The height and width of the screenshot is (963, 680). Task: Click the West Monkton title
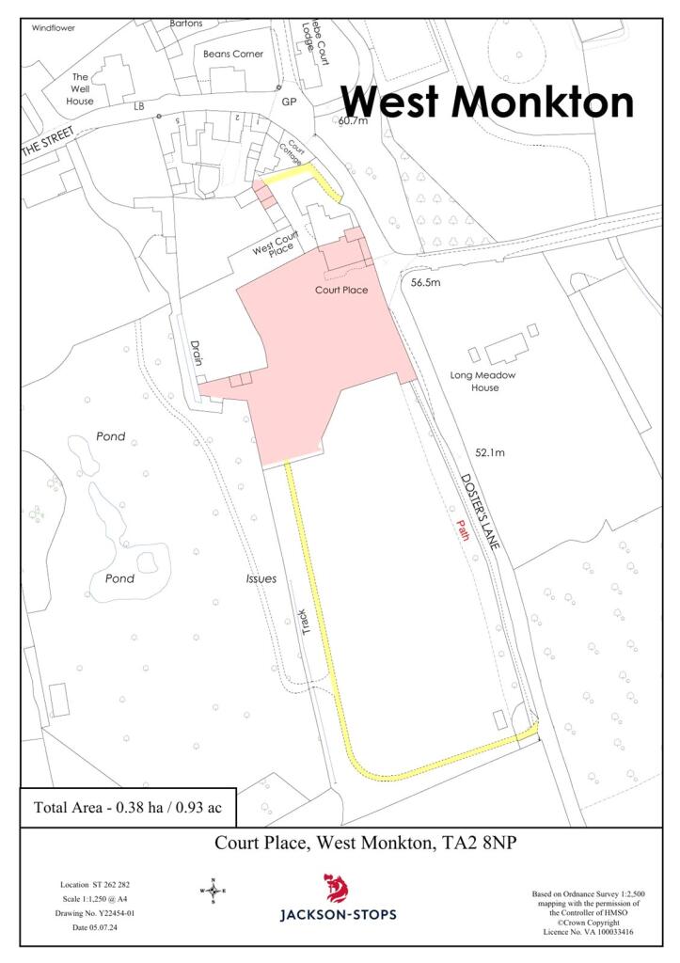486,102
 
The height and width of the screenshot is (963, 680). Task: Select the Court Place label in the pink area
340,291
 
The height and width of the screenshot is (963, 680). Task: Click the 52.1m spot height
490,452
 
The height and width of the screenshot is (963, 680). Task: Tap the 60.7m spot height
355,120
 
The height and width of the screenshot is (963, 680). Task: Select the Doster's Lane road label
482,509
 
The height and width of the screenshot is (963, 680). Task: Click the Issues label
261,578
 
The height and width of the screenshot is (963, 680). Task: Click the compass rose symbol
213,889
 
